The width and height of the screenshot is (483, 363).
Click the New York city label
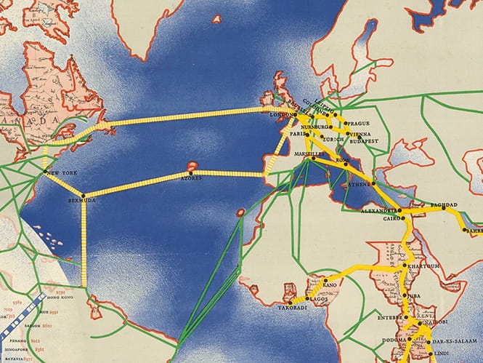click(x=62, y=172)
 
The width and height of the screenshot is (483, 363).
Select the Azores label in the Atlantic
click(x=190, y=178)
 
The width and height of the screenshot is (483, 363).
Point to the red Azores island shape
click(x=193, y=166)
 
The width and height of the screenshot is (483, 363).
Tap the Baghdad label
click(x=443, y=205)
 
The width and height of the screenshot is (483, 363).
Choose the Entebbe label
click(x=390, y=318)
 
